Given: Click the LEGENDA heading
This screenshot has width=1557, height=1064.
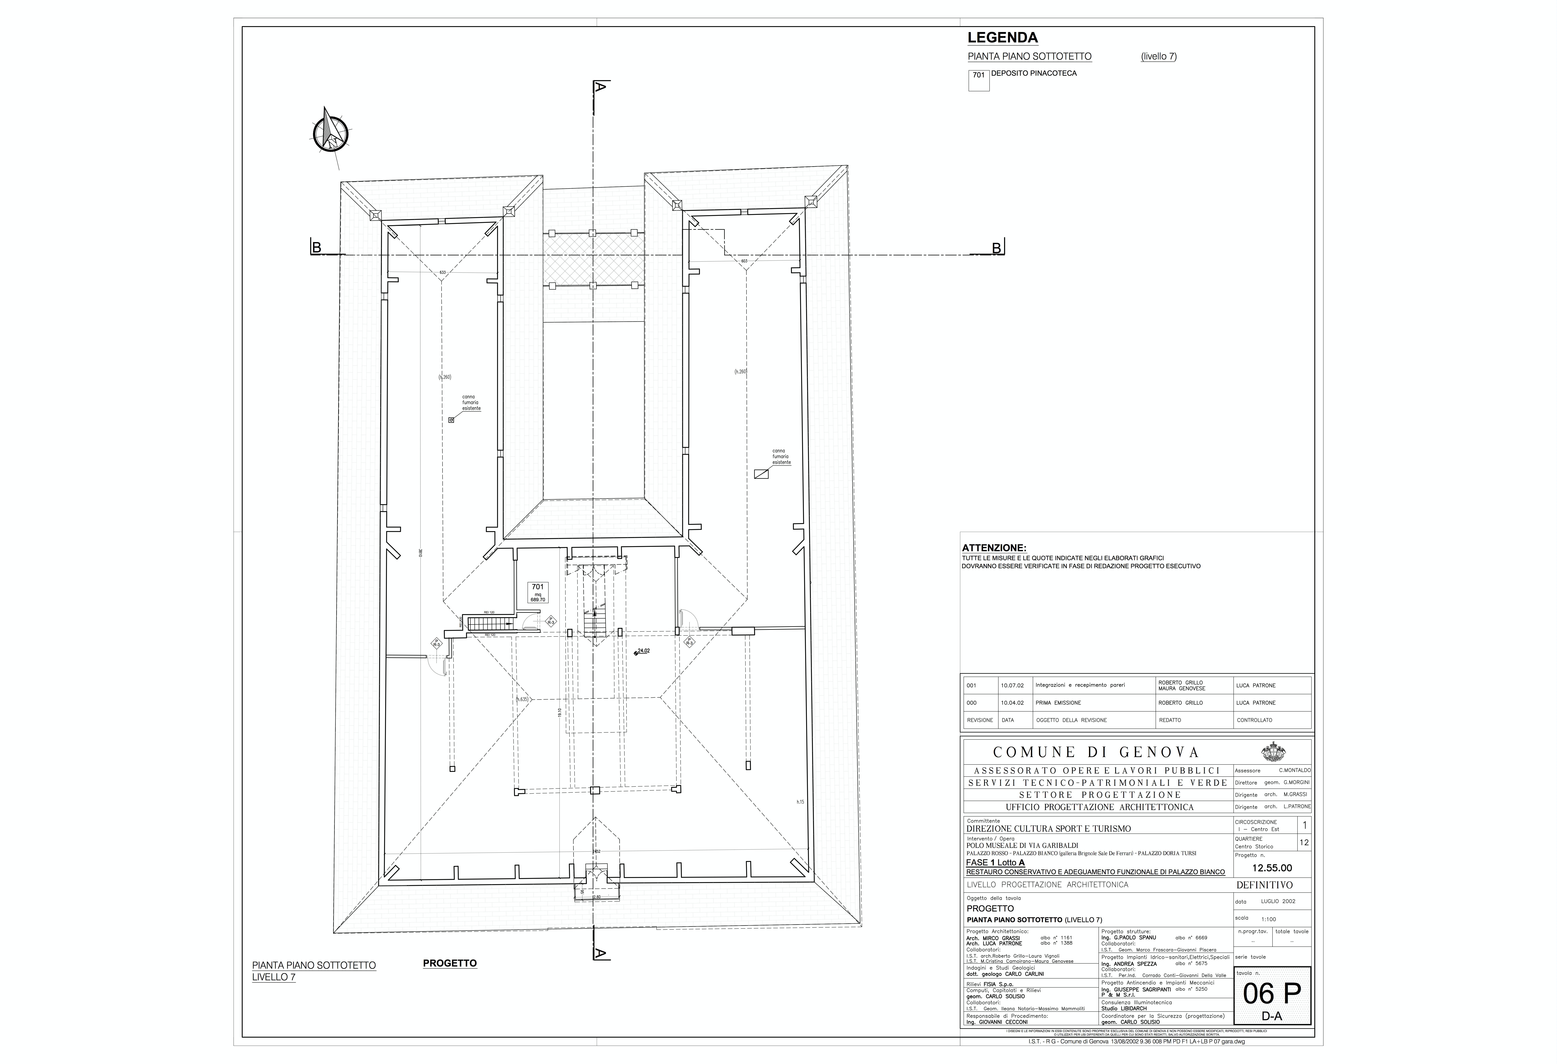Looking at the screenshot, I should point(1002,38).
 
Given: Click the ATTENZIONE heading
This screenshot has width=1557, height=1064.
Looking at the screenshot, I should point(994,548).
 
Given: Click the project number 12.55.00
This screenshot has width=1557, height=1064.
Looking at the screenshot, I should point(1272,868).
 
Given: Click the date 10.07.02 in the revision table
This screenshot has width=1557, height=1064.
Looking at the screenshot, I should point(1012,685).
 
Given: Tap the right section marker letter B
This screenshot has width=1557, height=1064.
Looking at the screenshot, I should point(996,248).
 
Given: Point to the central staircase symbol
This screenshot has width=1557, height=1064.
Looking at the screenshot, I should point(594,623).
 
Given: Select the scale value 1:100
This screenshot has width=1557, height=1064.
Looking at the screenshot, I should point(1268,919).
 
